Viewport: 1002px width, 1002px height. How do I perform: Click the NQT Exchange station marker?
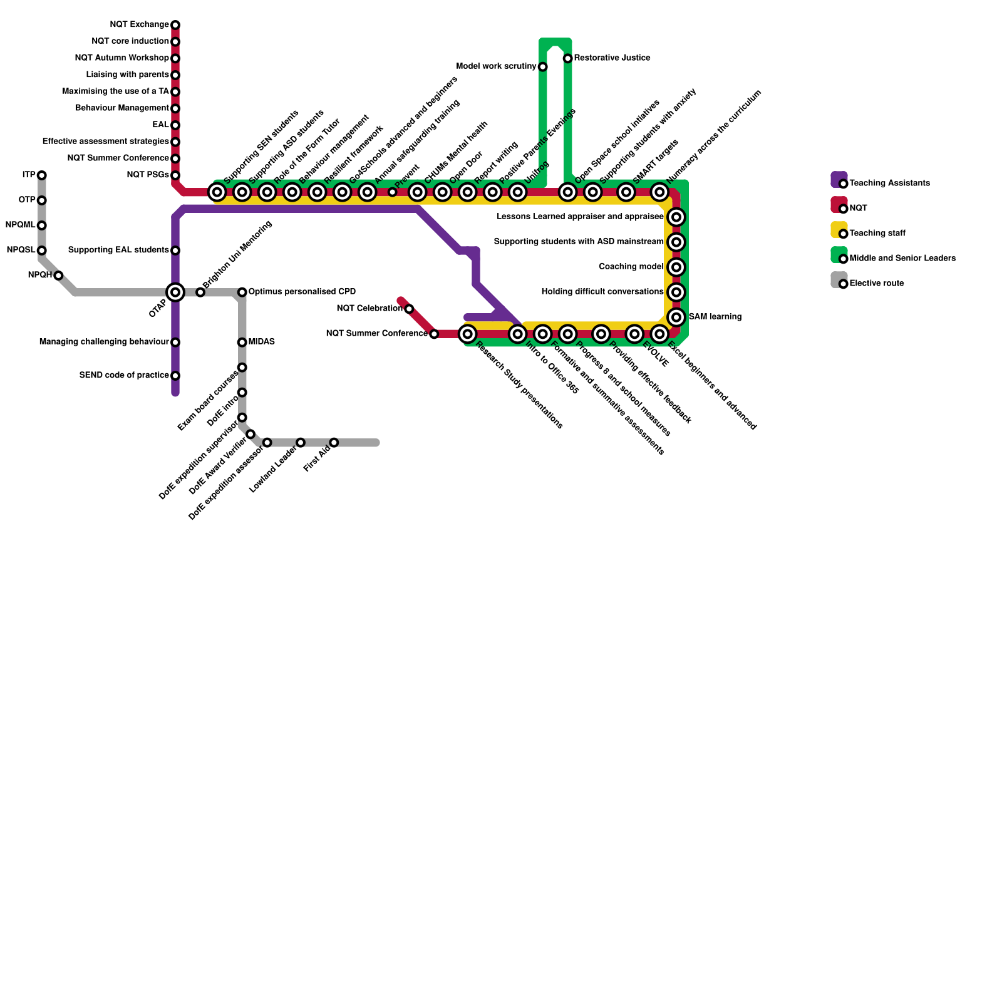pyautogui.click(x=175, y=25)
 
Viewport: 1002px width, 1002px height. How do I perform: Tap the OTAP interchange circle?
pyautogui.click(x=175, y=292)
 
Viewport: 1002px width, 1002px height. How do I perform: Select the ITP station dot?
pyautogui.click(x=41, y=175)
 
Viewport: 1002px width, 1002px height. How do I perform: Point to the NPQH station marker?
pyautogui.click(x=58, y=276)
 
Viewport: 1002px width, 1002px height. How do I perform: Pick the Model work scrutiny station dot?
pyautogui.click(x=542, y=66)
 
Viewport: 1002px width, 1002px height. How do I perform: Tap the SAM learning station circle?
pyautogui.click(x=676, y=317)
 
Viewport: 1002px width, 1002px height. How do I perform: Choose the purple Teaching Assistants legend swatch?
pyautogui.click(x=839, y=180)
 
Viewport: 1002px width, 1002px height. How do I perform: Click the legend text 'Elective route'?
pyautogui.click(x=876, y=284)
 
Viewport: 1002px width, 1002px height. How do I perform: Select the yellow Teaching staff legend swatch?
pyautogui.click(x=839, y=230)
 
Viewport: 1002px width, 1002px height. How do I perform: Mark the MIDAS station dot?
pyautogui.click(x=242, y=342)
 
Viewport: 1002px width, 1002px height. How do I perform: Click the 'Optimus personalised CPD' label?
pyautogui.click(x=302, y=292)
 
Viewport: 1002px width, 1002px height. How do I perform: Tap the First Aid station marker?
pyautogui.click(x=334, y=443)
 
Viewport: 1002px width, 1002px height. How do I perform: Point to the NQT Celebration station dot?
pyautogui.click(x=409, y=309)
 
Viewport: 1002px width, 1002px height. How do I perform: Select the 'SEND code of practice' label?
pyautogui.click(x=124, y=376)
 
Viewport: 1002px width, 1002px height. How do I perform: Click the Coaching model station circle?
pyautogui.click(x=676, y=267)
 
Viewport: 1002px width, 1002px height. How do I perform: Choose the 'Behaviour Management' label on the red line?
pyautogui.click(x=122, y=108)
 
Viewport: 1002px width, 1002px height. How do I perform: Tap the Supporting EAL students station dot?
pyautogui.click(x=175, y=250)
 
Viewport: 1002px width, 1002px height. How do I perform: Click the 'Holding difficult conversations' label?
pyautogui.click(x=602, y=292)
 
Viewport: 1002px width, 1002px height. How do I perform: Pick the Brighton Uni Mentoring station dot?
pyautogui.click(x=200, y=292)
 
